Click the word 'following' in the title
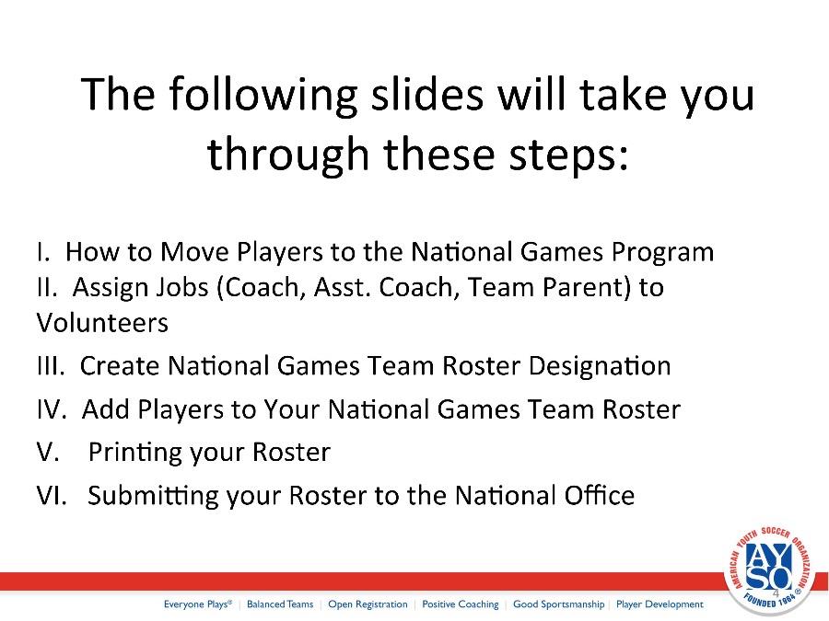pyautogui.click(x=263, y=95)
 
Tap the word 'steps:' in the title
pyautogui.click(x=569, y=155)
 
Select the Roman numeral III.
pyautogui.click(x=51, y=365)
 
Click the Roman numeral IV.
pyautogui.click(x=52, y=409)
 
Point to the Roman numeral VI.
pyautogui.click(x=52, y=495)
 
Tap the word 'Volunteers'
pyautogui.click(x=102, y=323)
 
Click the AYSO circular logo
pyautogui.click(x=767, y=569)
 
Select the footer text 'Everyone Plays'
pyautogui.click(x=198, y=604)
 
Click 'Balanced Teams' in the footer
pyautogui.click(x=280, y=604)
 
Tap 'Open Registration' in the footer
pyautogui.click(x=368, y=604)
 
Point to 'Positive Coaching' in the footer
pyautogui.click(x=460, y=604)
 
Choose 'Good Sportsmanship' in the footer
pyautogui.click(x=558, y=604)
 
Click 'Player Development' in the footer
pyautogui.click(x=660, y=604)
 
